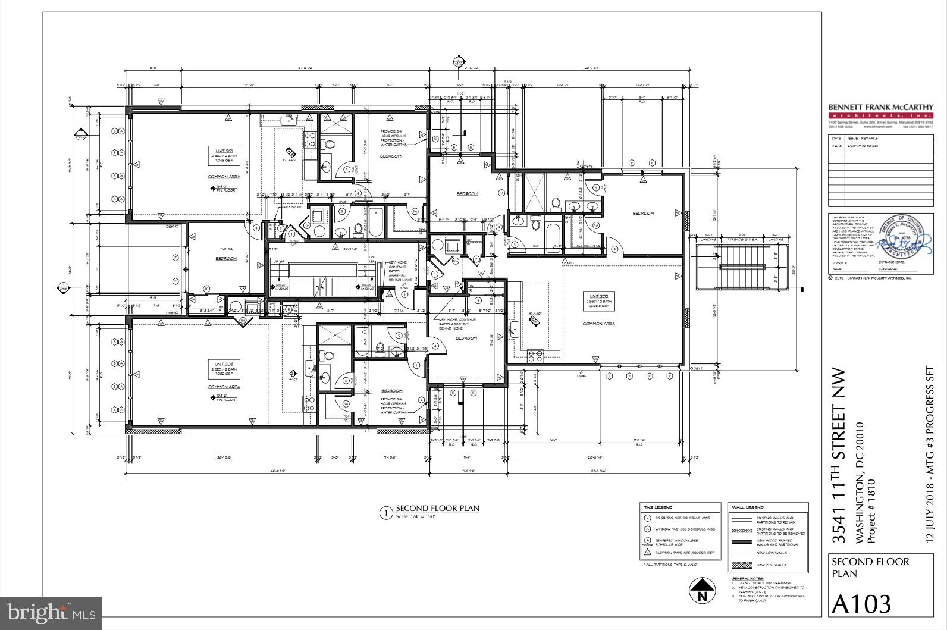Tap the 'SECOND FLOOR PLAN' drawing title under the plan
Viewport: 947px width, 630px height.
[x=437, y=509]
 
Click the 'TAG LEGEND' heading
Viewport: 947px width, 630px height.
[x=658, y=507]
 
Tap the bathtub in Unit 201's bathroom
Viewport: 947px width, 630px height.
[x=376, y=222]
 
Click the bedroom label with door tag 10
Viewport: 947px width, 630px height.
[x=225, y=259]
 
